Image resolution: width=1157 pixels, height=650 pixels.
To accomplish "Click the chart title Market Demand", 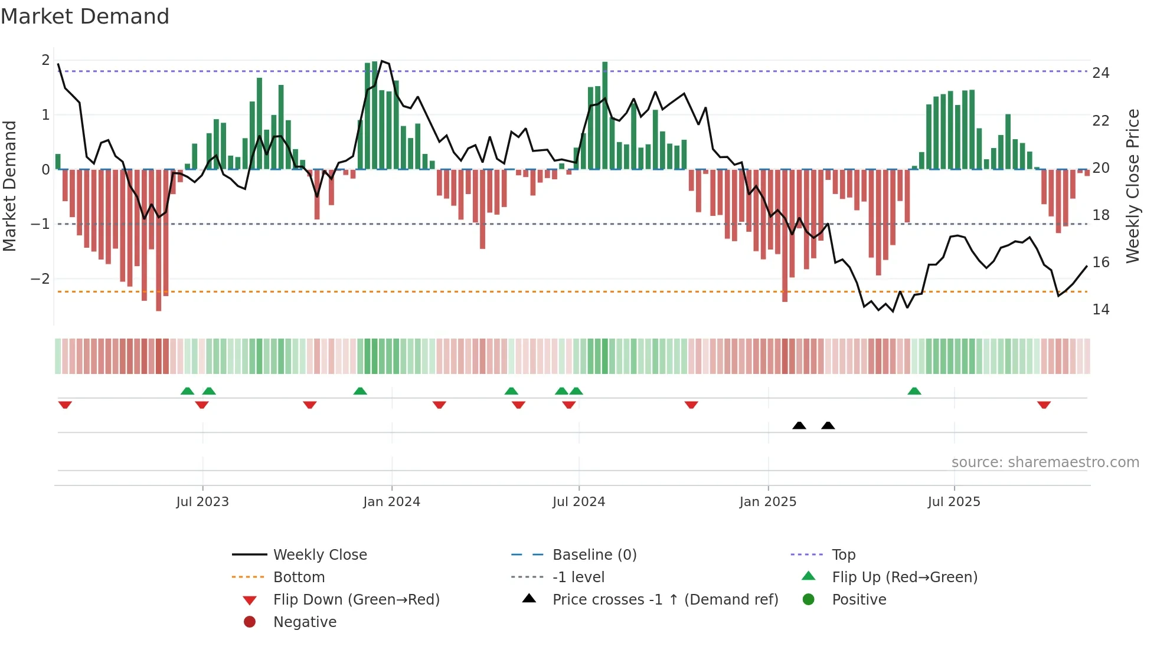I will coord(85,17).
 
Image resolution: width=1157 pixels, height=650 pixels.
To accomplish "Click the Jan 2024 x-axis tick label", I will coord(391,502).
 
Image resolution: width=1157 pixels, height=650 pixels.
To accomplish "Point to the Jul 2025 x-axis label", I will coord(953,502).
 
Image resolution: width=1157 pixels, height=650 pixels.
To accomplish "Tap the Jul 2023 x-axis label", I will coord(202,502).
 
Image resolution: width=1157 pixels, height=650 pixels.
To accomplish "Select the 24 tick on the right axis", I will coord(1100,73).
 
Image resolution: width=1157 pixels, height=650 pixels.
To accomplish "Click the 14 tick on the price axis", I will coord(1100,310).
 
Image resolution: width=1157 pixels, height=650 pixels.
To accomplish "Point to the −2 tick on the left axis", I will coord(40,278).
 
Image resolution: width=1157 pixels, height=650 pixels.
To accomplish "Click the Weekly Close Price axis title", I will coord(1132,186).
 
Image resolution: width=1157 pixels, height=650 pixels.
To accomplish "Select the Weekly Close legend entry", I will coord(319,555).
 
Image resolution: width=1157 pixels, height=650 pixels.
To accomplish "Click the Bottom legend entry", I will coord(299,577).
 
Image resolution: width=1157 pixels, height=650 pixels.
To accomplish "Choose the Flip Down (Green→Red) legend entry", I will coord(356,600).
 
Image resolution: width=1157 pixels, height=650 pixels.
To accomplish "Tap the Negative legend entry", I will coord(305,622).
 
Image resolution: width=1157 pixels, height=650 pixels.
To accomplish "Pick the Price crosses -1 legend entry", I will coord(665,600).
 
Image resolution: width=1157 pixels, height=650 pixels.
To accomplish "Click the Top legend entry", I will coord(843,555).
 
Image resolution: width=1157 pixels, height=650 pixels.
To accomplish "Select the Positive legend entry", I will coord(858,600).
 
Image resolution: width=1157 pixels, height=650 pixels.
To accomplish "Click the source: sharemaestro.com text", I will coord(1045,462).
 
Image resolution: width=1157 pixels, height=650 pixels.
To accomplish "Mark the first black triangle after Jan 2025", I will coord(799,425).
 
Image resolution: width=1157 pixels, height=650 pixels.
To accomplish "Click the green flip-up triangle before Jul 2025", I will coord(914,391).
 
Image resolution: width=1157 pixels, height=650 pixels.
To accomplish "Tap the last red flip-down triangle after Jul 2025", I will coord(1043,405).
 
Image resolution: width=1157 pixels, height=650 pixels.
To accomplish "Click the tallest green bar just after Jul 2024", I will coord(604,115).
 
